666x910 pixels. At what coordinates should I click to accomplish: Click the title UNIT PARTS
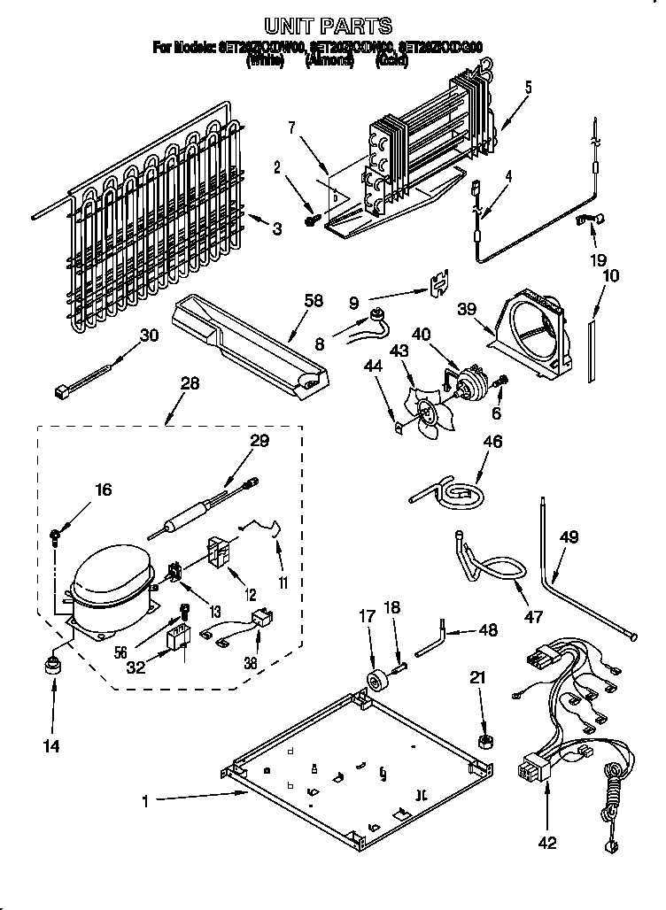tap(329, 26)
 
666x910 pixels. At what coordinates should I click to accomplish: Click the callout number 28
tap(189, 383)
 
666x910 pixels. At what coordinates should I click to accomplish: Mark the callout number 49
tap(569, 536)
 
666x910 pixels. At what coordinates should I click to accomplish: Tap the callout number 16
tap(104, 489)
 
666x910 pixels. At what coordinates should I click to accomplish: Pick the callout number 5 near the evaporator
tap(528, 87)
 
